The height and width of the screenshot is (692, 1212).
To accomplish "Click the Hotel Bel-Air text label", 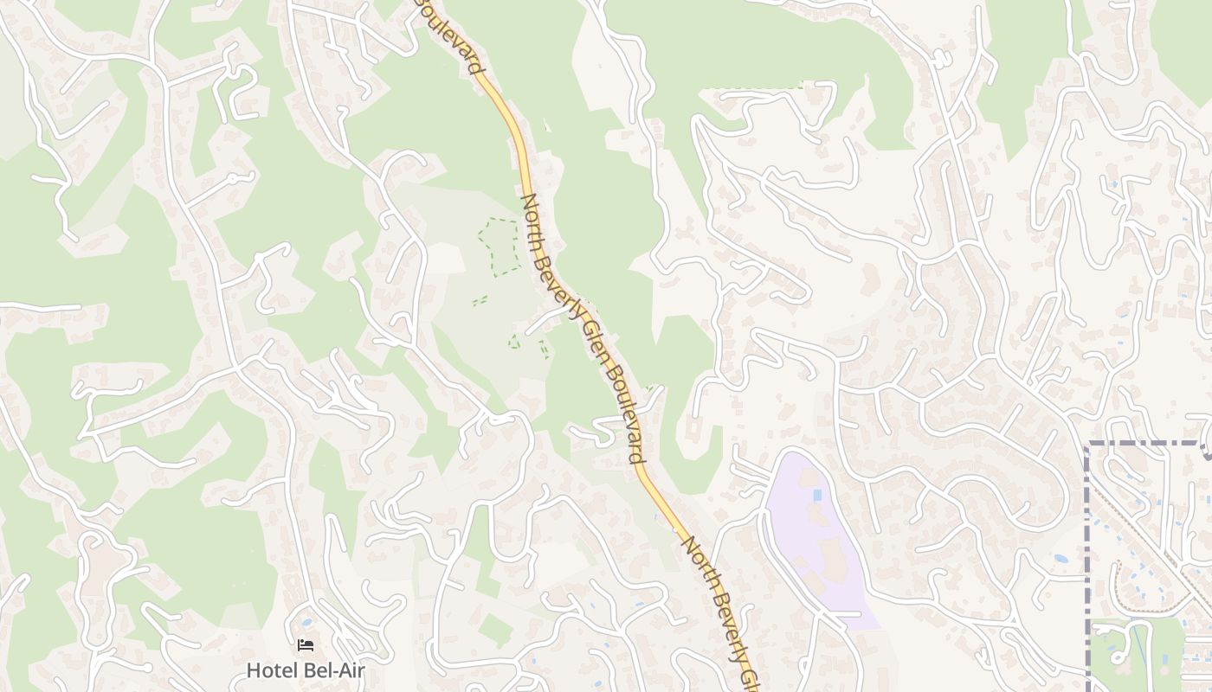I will pyautogui.click(x=306, y=670).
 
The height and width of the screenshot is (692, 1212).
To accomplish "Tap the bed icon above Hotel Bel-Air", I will pyautogui.click(x=306, y=645).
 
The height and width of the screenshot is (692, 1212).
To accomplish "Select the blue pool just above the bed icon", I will pyautogui.click(x=306, y=622).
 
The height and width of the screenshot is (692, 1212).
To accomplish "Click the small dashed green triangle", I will pyautogui.click(x=513, y=342).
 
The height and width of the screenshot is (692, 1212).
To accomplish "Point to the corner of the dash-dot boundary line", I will pyautogui.click(x=1088, y=445).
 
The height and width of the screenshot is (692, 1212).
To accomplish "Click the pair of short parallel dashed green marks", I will pyautogui.click(x=480, y=301).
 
